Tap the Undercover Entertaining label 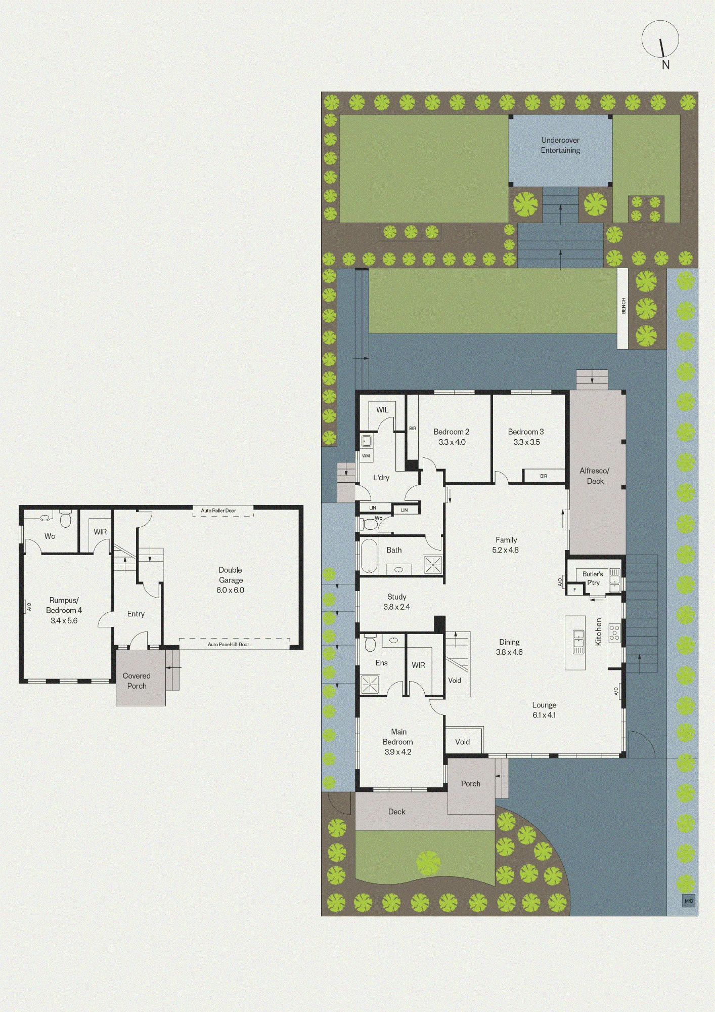560,145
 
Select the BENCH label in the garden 623,306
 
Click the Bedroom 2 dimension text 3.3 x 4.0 452,442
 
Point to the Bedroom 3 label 526,432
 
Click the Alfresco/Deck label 595,476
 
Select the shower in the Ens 370,684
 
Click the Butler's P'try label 593,578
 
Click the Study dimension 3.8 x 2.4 397,607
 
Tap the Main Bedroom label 398,737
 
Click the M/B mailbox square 689,901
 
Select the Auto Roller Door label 218,511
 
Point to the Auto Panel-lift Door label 229,644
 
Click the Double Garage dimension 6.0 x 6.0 231,590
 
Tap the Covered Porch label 137,681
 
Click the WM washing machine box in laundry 366,455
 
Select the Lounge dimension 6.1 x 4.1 544,715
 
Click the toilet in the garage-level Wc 65,519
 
